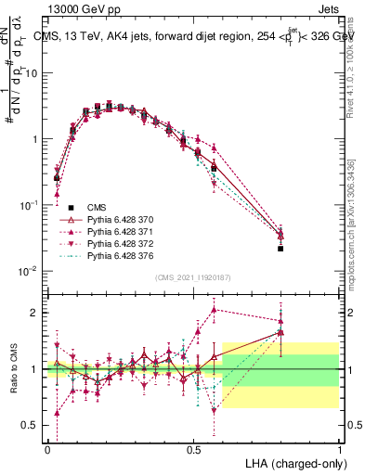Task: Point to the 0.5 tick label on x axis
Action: click(193, 449)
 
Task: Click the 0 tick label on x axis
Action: click(47, 449)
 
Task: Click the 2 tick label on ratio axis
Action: click(36, 313)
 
